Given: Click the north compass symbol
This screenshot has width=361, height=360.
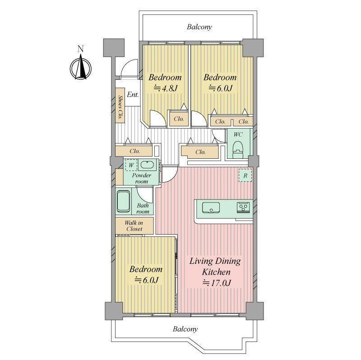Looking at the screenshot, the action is pos(81,68).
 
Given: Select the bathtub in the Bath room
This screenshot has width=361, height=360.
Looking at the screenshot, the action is pos(123,201).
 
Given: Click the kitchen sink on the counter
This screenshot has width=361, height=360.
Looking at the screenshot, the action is pos(211,208).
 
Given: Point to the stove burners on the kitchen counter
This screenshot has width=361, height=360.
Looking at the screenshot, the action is pos(243,208).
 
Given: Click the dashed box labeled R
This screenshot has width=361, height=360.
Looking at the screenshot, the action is pos(245,175).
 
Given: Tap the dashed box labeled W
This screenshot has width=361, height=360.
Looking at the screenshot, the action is pos(131,165).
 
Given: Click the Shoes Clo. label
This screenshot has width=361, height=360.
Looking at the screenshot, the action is pos(120,107).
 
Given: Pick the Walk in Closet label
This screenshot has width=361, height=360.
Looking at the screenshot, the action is pos(134,226).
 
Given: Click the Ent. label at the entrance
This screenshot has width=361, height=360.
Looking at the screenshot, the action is pos(133,95).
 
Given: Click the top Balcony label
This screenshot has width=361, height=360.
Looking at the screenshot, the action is pos(199,27).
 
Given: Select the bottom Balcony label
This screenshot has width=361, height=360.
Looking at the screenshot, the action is pos(185,329).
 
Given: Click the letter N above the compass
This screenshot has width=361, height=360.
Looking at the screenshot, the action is pos(80,49).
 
